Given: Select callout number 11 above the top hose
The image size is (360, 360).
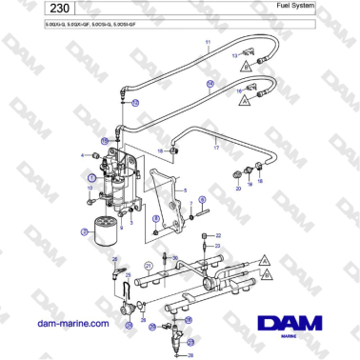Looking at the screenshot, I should tap(209, 45).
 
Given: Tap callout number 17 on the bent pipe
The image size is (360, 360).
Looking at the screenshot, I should tap(216, 148).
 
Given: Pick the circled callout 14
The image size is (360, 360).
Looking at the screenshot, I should tap(211, 84).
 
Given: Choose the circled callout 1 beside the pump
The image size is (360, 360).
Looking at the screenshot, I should tap(91, 177).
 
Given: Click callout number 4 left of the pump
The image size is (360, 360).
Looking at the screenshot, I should tap(84, 155).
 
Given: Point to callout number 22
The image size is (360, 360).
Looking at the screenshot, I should tap(218, 233).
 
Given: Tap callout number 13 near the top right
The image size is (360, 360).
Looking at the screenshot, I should tap(235, 57).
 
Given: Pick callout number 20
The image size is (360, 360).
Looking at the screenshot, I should tap(237, 189).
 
